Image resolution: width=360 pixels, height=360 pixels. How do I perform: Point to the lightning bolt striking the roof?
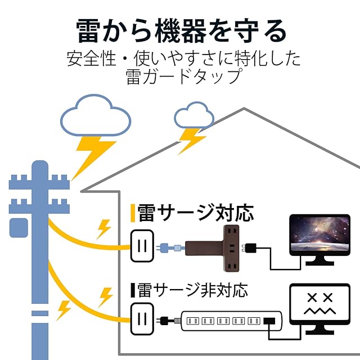click(x=191, y=141)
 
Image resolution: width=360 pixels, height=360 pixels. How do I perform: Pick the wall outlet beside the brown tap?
click(x=142, y=246)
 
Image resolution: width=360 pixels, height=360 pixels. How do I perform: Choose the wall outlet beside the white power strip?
click(x=142, y=319)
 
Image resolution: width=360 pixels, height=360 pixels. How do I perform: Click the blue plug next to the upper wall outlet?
click(x=170, y=248)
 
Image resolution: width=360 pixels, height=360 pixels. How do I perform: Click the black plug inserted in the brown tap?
click(x=249, y=248)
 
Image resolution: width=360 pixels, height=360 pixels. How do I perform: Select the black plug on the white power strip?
click(x=269, y=321)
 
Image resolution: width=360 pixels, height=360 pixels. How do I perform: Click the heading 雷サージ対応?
click(x=195, y=213)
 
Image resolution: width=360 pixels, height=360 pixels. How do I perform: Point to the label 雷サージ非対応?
click(x=192, y=290)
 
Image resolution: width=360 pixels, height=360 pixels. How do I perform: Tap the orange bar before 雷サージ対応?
click(x=133, y=213)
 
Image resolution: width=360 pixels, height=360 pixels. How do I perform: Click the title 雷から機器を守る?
click(x=181, y=31)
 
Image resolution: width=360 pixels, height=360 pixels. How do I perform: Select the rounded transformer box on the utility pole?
click(x=19, y=228)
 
